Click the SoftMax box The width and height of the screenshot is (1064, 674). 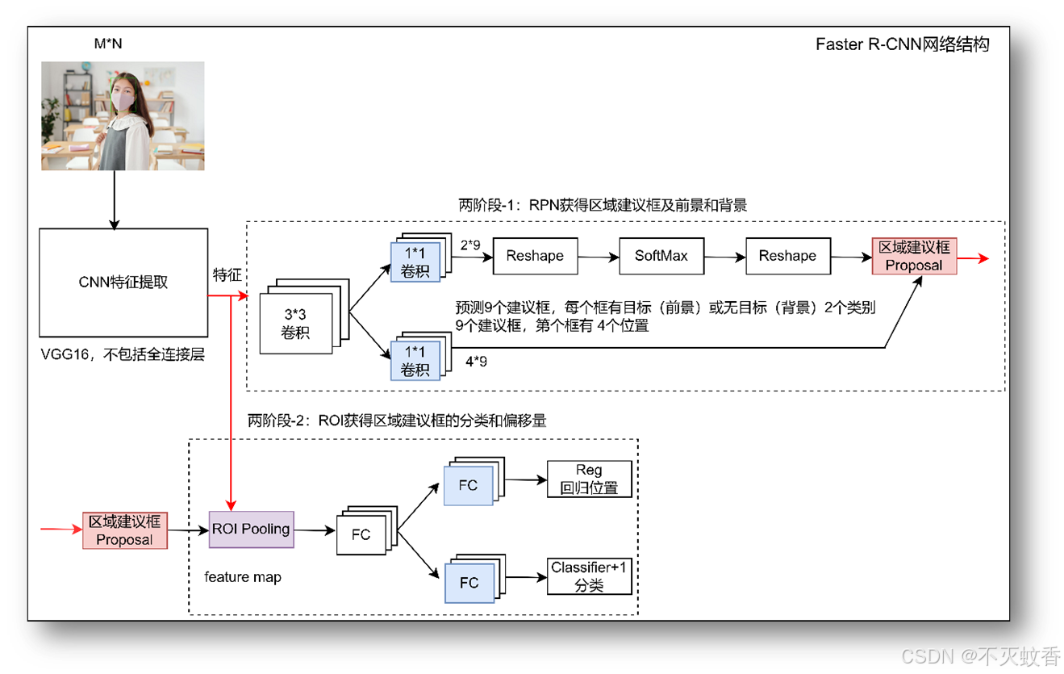click(x=661, y=256)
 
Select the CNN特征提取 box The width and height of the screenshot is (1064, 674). click(x=123, y=283)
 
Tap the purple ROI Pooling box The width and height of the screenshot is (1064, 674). click(x=251, y=530)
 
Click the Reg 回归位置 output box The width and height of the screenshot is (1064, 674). click(x=590, y=479)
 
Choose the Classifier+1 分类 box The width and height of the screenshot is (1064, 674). click(x=590, y=576)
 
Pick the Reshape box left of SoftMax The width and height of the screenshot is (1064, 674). click(x=536, y=256)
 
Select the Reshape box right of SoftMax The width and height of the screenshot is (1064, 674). click(x=788, y=256)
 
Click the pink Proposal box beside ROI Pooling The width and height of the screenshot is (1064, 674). click(x=125, y=530)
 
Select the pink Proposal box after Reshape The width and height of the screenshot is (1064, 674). click(x=915, y=256)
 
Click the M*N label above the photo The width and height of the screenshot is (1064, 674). click(x=108, y=44)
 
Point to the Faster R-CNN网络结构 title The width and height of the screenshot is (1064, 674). click(x=903, y=44)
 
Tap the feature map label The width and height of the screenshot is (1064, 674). click(x=243, y=577)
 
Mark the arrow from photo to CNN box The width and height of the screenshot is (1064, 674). click(x=114, y=199)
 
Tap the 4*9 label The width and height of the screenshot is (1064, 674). click(x=476, y=362)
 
